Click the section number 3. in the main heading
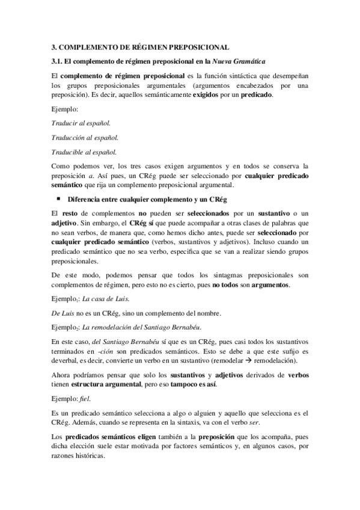click(x=53, y=46)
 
